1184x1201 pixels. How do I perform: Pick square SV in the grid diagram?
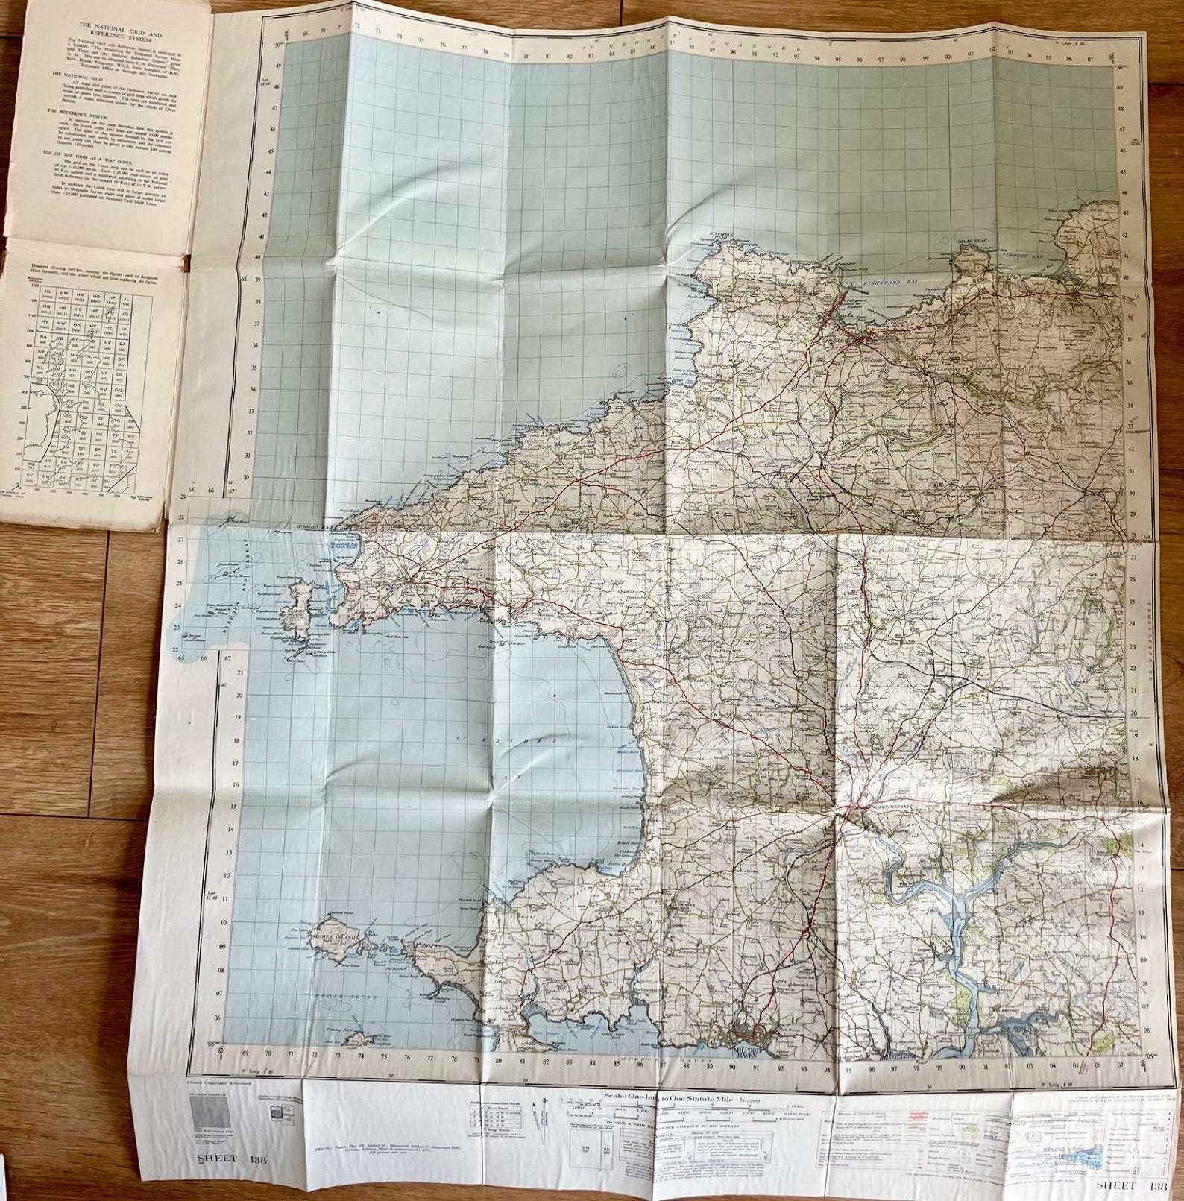[30, 474]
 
